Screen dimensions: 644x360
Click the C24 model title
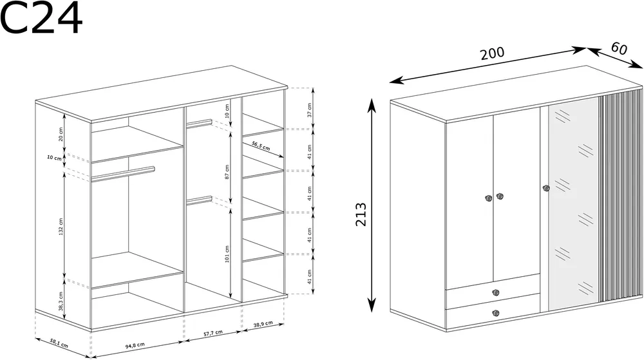pyautogui.click(x=41, y=17)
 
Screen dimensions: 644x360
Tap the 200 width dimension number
pyautogui.click(x=492, y=53)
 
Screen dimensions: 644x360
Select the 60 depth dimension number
pyautogui.click(x=619, y=48)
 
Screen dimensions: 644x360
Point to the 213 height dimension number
pyautogui.click(x=361, y=214)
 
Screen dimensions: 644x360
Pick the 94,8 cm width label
pyautogui.click(x=135, y=346)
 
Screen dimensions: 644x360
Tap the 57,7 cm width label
pyautogui.click(x=213, y=333)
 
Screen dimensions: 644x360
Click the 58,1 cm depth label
pyautogui.click(x=59, y=343)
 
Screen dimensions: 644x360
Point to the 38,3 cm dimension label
pyautogui.click(x=61, y=301)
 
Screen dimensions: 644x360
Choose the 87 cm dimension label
pyautogui.click(x=227, y=172)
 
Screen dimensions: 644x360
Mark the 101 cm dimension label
pyautogui.click(x=227, y=254)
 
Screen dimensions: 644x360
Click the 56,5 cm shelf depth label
pyautogui.click(x=261, y=146)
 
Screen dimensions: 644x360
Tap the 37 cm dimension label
pyautogui.click(x=309, y=109)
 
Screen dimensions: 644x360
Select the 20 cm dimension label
pyautogui.click(x=61, y=134)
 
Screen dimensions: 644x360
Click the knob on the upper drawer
pyautogui.click(x=496, y=292)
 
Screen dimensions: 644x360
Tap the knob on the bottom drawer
pyautogui.click(x=496, y=313)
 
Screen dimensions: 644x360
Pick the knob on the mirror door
pyautogui.click(x=546, y=189)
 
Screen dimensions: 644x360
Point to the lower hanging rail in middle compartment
pyautogui.click(x=200, y=200)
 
